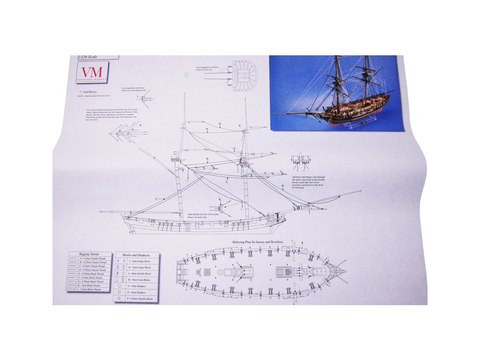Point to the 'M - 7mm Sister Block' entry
click(x=139, y=280)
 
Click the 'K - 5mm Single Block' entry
click(x=138, y=267)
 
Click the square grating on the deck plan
click(x=205, y=272)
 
